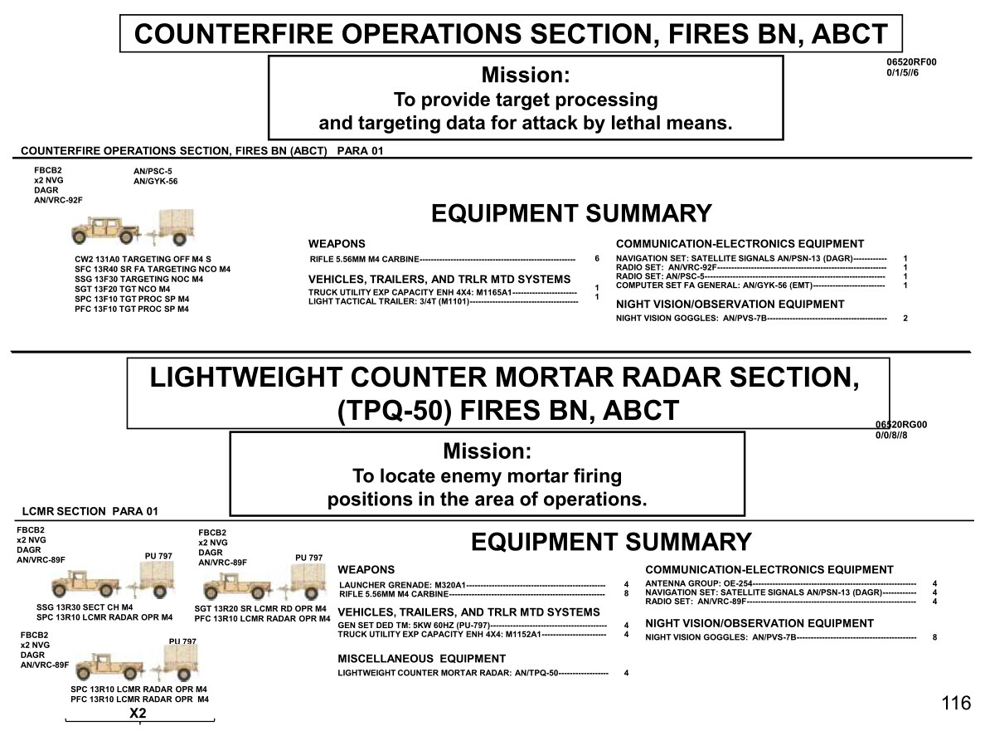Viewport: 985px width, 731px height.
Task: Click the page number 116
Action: tap(956, 703)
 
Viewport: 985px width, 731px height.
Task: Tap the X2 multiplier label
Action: tap(138, 713)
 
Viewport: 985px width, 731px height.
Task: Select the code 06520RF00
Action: tap(911, 62)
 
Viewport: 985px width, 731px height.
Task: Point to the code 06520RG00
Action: tap(900, 424)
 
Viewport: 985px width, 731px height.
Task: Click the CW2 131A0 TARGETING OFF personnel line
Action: tap(143, 259)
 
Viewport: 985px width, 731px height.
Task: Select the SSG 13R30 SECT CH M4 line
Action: tap(85, 607)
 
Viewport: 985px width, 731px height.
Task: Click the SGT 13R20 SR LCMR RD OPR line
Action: tap(260, 608)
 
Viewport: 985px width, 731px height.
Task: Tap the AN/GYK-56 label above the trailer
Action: tap(155, 181)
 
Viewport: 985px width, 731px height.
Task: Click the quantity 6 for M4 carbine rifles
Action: tap(597, 258)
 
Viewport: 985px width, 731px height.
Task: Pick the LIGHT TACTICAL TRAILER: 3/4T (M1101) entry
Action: tap(389, 302)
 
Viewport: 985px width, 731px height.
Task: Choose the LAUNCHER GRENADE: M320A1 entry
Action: tap(402, 585)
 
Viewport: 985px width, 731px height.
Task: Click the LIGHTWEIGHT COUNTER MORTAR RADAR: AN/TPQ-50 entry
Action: tap(448, 673)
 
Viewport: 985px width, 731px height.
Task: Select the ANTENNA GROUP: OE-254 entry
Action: tap(699, 584)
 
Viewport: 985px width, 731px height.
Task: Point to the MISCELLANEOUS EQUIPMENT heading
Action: tap(421, 659)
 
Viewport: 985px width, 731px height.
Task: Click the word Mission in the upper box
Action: tap(526, 75)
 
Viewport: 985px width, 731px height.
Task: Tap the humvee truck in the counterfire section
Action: tap(105, 230)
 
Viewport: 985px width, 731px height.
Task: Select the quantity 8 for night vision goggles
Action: tap(934, 637)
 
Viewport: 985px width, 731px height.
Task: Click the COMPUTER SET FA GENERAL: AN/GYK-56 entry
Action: tap(714, 285)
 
